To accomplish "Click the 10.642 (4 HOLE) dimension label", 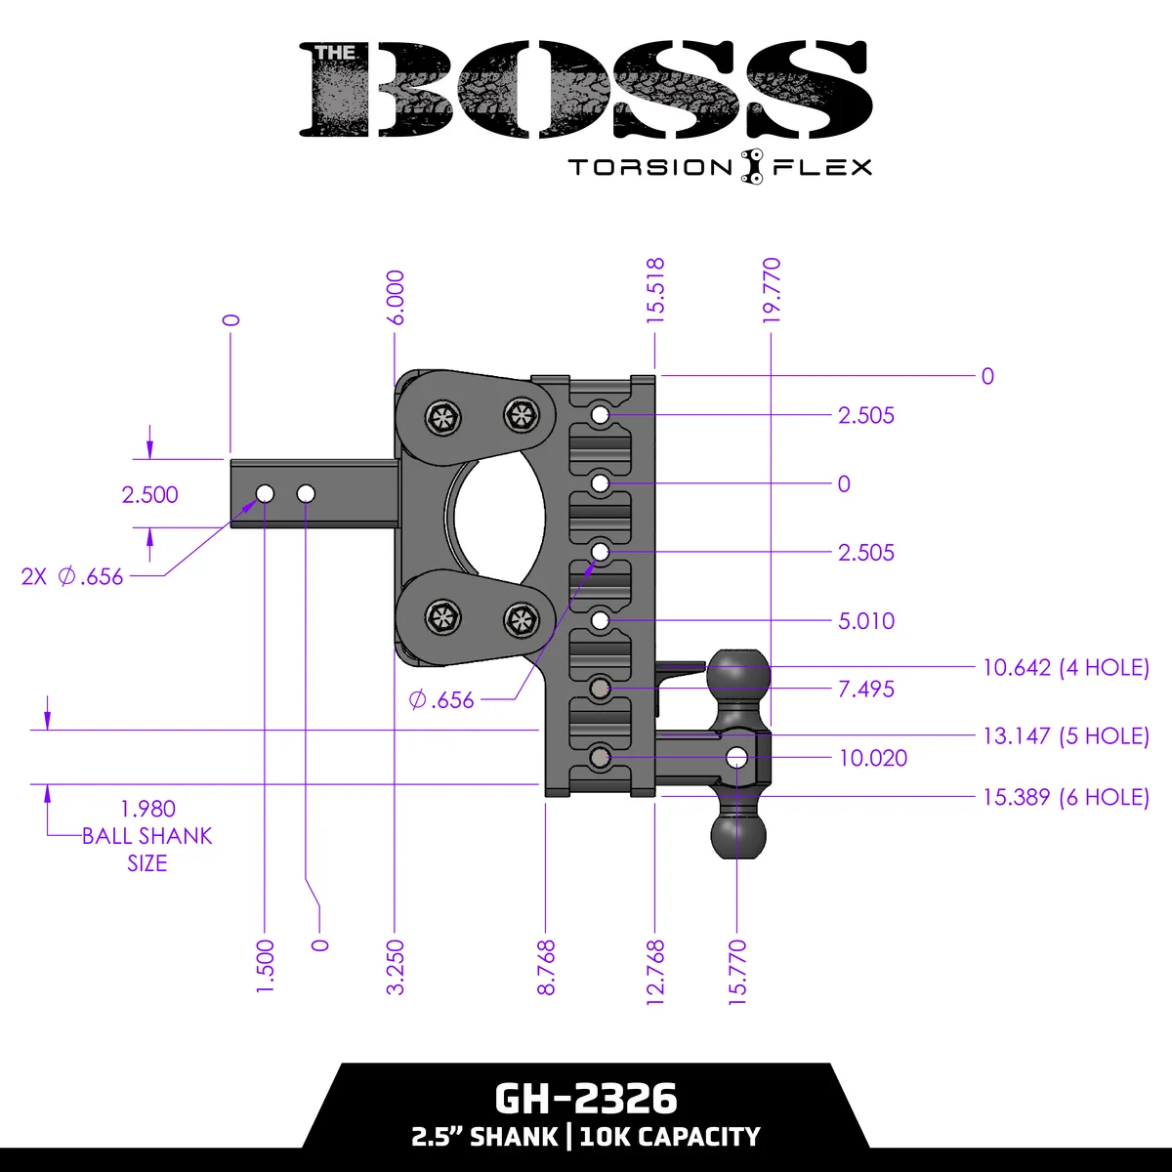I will (x=1066, y=668).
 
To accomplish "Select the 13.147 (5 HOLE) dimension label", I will (x=1066, y=736).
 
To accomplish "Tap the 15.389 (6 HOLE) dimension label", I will (x=1066, y=797).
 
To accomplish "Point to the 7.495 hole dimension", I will (x=865, y=690).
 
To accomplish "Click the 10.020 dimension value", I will (x=872, y=758).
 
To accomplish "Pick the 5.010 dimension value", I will (x=865, y=621).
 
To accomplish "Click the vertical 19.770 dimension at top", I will (x=772, y=290).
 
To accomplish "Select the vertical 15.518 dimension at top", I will (x=655, y=290).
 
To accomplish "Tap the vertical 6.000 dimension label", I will (x=395, y=298).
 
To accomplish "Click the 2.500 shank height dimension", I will (x=149, y=494).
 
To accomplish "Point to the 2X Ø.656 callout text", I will (x=72, y=576).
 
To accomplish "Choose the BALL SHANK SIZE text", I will (x=146, y=837).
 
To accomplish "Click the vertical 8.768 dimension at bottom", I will (x=546, y=967).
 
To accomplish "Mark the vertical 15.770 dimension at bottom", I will (x=737, y=967).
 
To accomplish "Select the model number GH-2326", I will (x=585, y=1099).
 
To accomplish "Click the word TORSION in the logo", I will (x=649, y=167).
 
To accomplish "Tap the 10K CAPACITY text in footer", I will (x=670, y=1137).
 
